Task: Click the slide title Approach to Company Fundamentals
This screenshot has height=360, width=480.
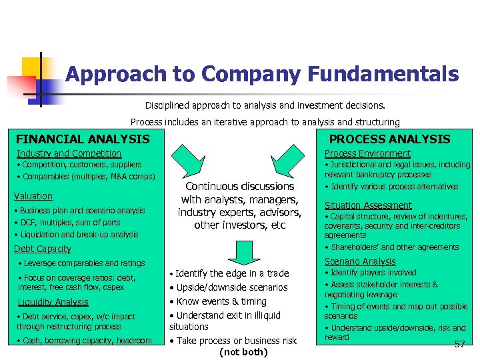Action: [262, 74]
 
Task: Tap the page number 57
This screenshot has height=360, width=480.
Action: [459, 344]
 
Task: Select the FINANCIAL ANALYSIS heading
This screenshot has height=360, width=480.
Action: [83, 139]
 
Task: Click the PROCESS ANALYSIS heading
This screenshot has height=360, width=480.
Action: [390, 139]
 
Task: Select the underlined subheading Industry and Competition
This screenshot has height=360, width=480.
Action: [69, 153]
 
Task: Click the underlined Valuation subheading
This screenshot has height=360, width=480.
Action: [33, 196]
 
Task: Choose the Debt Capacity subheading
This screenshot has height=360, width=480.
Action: [43, 249]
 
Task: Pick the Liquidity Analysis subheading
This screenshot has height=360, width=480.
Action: [53, 302]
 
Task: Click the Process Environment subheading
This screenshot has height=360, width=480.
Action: [367, 153]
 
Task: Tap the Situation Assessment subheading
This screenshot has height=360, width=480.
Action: [368, 205]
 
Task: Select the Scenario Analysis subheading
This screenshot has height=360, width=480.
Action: [360, 261]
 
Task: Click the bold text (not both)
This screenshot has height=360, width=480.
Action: [243, 352]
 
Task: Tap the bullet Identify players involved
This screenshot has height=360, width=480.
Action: [373, 273]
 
